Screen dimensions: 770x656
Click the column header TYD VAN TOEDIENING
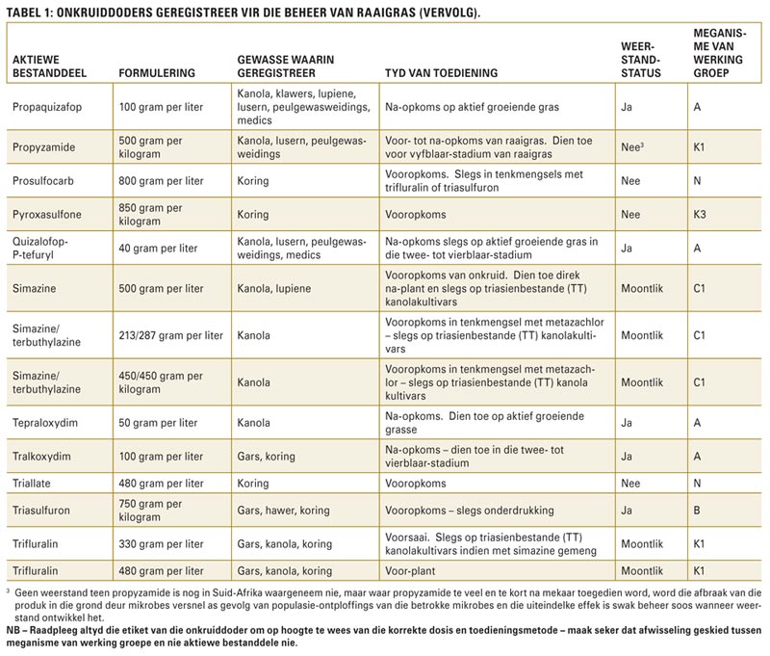(441, 73)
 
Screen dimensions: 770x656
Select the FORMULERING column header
(157, 73)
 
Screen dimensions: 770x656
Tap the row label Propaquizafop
(47, 107)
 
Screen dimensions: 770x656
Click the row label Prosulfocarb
(43, 181)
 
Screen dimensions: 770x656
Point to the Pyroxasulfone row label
(47, 215)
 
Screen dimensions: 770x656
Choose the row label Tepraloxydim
(45, 423)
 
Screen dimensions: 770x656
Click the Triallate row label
(32, 484)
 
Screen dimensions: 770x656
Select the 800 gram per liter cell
(161, 181)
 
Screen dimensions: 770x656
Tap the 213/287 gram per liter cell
(171, 335)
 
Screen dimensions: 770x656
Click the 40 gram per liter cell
(158, 249)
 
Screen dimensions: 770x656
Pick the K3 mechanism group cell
(700, 215)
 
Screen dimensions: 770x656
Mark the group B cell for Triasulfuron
(697, 511)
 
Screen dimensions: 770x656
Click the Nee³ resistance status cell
(632, 147)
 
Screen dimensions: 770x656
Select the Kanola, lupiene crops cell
(274, 289)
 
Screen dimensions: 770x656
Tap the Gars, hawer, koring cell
(283, 511)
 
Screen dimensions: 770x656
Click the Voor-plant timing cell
(410, 571)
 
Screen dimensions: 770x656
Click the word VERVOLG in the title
(449, 13)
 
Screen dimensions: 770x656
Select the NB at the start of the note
(13, 630)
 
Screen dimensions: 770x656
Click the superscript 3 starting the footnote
(8, 591)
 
